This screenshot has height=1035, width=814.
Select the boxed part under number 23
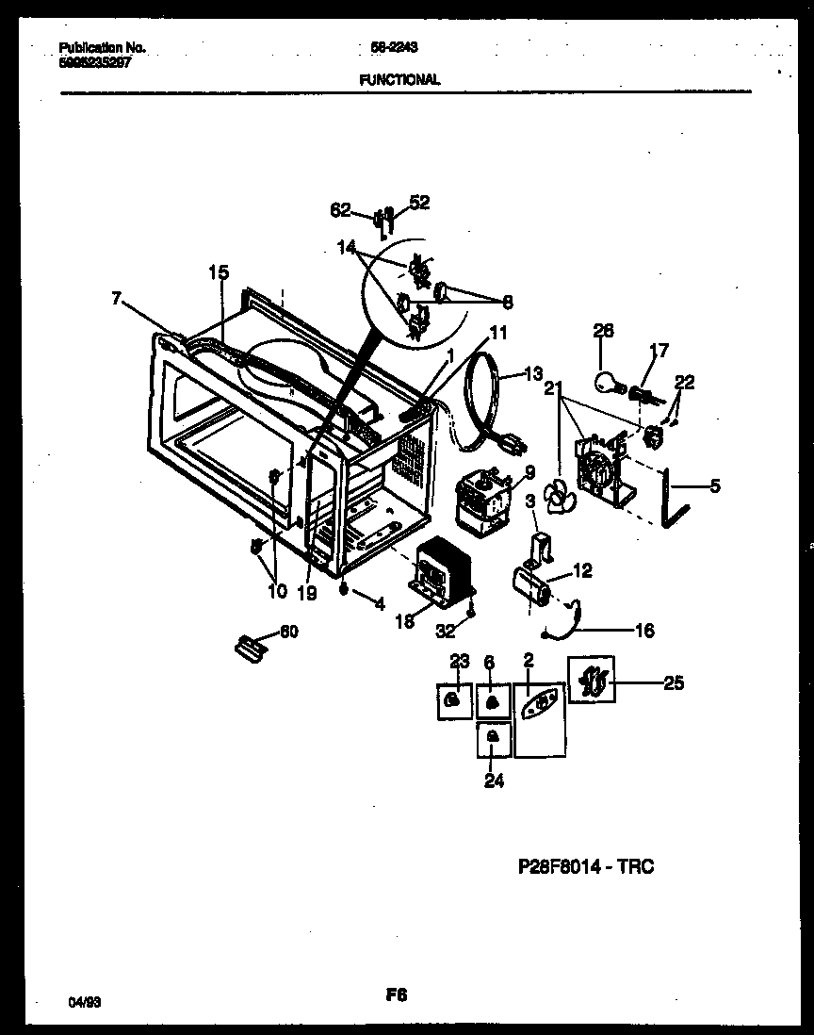click(x=454, y=700)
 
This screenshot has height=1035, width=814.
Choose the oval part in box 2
click(x=539, y=704)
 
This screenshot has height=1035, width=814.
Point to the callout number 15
click(x=218, y=272)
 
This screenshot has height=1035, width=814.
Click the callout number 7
click(x=116, y=298)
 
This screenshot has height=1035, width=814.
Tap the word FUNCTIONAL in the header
click(x=399, y=81)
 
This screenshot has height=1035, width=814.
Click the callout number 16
click(x=645, y=631)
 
